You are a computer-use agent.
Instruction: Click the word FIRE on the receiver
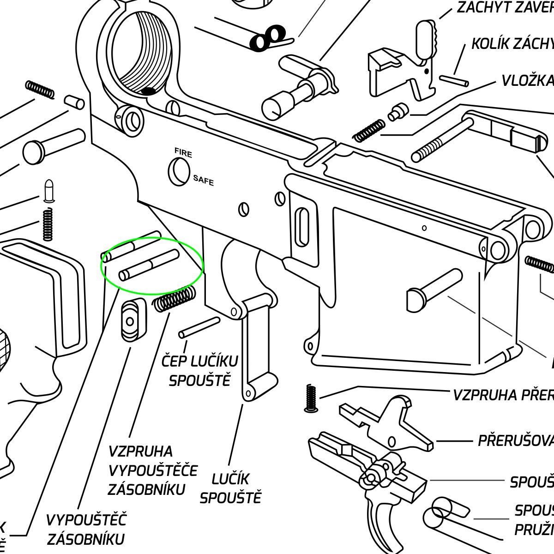183,153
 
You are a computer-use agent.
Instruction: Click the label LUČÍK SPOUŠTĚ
231,488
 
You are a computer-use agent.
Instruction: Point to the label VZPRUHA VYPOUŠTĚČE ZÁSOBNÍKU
152,470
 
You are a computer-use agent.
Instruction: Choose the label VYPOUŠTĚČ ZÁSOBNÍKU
86,529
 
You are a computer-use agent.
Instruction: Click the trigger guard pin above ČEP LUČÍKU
199,326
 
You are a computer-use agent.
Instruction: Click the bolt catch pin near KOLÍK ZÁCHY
454,81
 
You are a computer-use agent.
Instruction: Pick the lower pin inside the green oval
149,265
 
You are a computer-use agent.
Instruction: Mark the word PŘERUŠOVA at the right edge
515,440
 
